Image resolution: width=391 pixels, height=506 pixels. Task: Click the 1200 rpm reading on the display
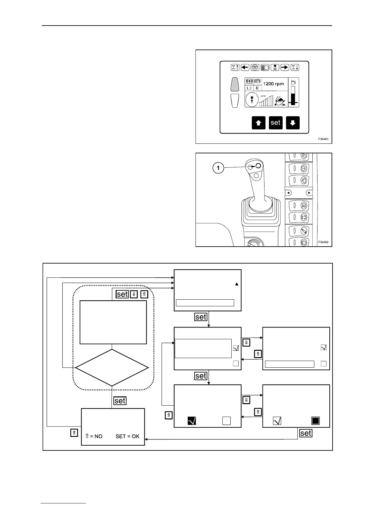[x=273, y=84]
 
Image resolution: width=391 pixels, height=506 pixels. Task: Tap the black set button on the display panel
[x=276, y=123]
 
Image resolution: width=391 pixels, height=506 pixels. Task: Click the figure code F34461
[x=323, y=139]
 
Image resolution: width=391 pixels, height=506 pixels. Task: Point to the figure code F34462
[x=323, y=242]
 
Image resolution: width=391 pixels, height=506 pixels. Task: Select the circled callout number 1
[x=218, y=168]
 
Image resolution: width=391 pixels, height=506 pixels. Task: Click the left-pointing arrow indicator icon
[x=245, y=67]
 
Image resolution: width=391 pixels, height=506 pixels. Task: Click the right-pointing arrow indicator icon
[x=285, y=67]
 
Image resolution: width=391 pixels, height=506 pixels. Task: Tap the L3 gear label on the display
[x=249, y=88]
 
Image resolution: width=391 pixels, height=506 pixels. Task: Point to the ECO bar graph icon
[x=266, y=100]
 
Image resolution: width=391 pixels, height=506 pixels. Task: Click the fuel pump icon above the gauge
[x=294, y=82]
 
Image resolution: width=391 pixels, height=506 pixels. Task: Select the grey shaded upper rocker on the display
[x=235, y=84]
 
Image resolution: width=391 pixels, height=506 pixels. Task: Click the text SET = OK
[x=127, y=436]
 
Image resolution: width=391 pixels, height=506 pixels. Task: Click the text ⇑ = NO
[x=94, y=436]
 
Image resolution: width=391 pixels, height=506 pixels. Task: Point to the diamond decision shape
[x=112, y=368]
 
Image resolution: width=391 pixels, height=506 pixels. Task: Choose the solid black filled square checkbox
[x=316, y=420]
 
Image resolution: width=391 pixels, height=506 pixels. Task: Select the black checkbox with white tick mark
[x=192, y=420]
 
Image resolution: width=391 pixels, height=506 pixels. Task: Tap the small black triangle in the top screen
[x=237, y=284]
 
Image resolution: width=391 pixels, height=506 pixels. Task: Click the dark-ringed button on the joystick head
[x=258, y=165]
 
